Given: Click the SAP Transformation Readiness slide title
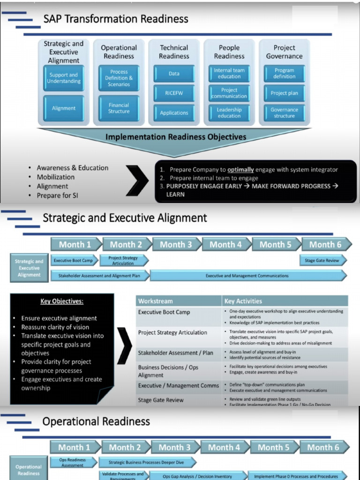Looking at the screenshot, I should (116, 19).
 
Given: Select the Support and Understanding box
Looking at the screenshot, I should (64, 78).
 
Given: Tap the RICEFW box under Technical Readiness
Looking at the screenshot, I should (174, 93).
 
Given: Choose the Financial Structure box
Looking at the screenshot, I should (119, 108).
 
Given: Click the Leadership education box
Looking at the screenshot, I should (229, 112).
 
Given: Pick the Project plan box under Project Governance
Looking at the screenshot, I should (284, 93).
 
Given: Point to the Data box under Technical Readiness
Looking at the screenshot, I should (174, 74).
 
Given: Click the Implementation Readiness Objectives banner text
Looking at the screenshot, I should (176, 137).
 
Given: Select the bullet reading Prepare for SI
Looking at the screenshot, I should (58, 195).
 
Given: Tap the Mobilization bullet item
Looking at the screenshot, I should (56, 177).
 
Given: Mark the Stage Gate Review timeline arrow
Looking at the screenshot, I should (322, 260).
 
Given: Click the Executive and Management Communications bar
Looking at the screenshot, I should (247, 276).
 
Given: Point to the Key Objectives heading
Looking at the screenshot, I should (62, 301).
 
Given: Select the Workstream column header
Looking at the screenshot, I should (156, 301).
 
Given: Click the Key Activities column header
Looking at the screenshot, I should (243, 301).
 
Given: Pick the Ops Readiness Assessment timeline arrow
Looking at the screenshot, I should (73, 463).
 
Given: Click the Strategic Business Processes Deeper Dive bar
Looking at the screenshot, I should (147, 463).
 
